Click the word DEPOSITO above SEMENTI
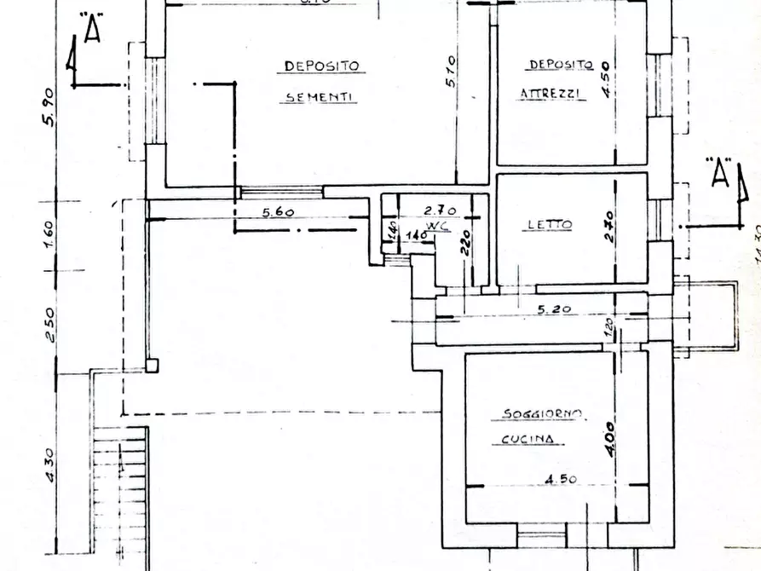322,66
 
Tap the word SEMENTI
320,98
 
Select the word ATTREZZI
553,95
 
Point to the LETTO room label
549,225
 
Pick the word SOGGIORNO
541,415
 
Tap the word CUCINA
528,441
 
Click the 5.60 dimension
280,213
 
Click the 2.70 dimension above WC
442,208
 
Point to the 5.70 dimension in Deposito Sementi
453,72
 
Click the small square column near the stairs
152,366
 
